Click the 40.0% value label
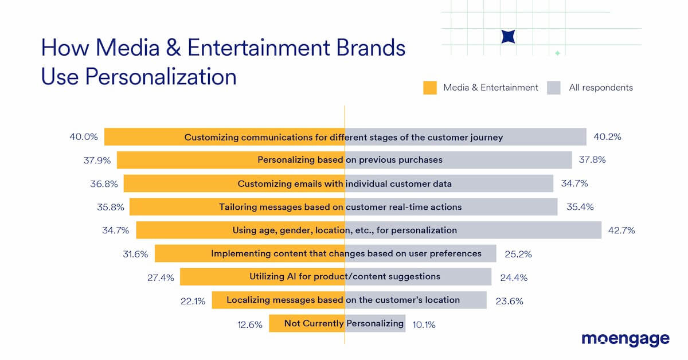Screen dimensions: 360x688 84,137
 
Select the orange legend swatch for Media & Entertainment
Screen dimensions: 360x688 430,88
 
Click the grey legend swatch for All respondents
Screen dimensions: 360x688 553,88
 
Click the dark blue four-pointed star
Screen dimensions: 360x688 508,36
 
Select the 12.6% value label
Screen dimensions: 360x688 249,324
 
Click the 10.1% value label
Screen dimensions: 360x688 424,324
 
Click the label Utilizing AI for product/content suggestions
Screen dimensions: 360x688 345,276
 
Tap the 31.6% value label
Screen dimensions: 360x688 135,253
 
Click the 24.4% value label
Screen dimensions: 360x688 514,277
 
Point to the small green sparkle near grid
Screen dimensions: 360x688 557,53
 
